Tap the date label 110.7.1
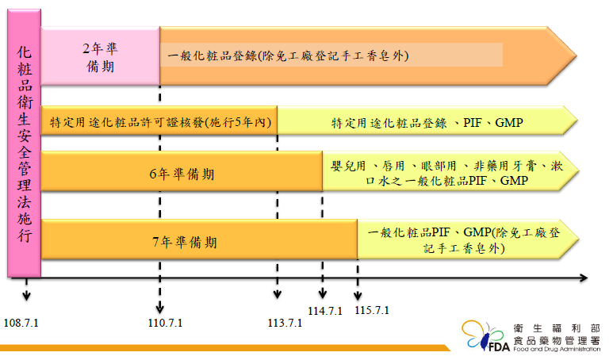click(165, 323)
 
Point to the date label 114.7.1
click(325, 310)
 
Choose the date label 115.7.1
click(372, 310)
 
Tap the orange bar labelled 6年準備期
click(182, 172)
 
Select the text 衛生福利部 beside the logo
click(546, 327)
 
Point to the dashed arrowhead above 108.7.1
click(26, 296)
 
